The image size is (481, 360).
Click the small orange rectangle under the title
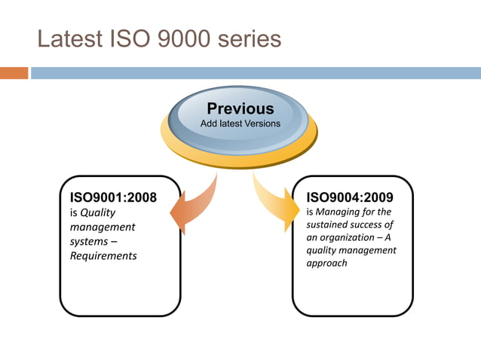[14, 73]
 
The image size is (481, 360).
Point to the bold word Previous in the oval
[240, 108]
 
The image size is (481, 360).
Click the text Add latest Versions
[240, 123]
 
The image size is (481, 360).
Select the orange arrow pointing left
[193, 203]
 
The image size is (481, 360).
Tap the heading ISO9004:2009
[349, 198]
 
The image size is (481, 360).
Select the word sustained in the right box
[329, 224]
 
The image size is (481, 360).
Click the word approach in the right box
[326, 264]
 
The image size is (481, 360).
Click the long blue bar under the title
[256, 73]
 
